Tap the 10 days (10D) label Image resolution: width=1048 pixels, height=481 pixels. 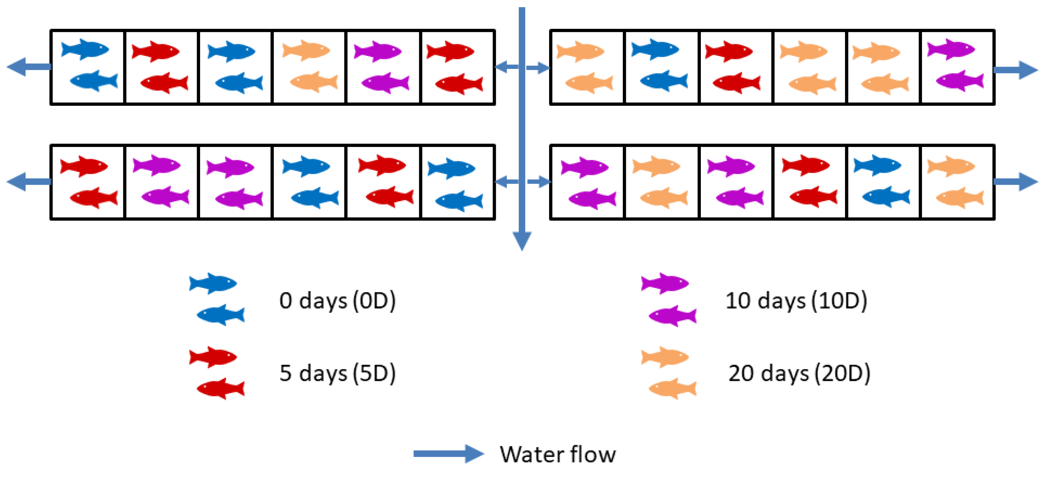[796, 301]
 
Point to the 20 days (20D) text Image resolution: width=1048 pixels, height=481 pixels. [799, 373]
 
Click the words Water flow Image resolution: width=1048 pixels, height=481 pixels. [558, 455]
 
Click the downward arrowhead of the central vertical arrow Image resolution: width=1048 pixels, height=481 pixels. [522, 241]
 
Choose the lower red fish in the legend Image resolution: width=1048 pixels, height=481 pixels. [221, 389]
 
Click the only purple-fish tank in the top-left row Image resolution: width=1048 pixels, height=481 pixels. [382, 67]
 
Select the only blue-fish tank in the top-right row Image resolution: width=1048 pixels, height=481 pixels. [661, 67]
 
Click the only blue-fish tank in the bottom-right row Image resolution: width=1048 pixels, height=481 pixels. [883, 182]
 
